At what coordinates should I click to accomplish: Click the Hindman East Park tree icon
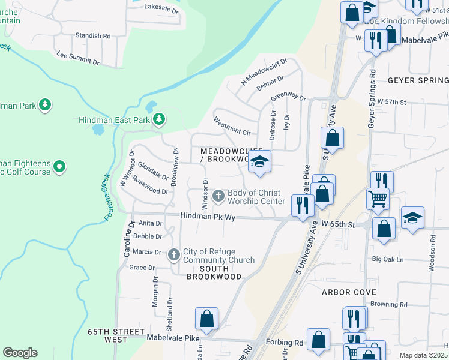coord(159,119)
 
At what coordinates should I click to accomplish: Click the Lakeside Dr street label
coord(162,10)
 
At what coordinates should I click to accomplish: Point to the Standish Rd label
coord(93,36)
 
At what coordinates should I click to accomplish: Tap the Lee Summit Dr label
coord(77,58)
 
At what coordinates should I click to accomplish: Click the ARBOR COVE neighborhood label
coord(349,292)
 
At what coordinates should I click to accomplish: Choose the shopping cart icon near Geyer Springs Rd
coord(377,199)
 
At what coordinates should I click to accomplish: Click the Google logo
coord(20,353)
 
